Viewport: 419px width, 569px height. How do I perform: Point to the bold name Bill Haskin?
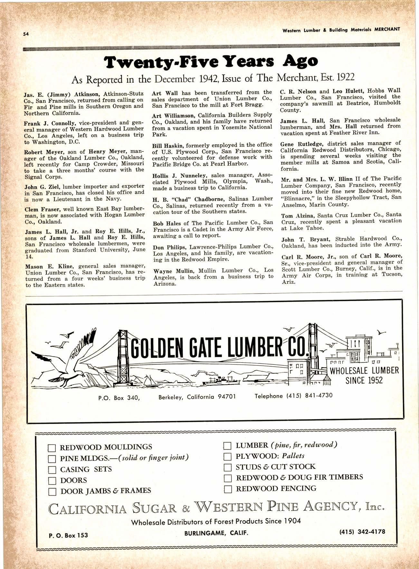(x=167, y=145)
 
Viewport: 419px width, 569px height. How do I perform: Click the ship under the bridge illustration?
(x=219, y=381)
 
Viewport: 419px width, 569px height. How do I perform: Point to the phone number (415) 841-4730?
(x=294, y=396)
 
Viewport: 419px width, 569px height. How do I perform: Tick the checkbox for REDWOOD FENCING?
(x=228, y=489)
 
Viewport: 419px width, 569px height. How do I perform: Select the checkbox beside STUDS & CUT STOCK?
(x=228, y=467)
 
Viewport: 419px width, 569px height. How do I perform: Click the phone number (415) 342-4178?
(x=362, y=532)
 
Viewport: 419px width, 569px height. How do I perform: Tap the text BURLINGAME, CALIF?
(x=216, y=533)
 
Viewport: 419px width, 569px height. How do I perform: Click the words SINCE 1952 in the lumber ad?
(x=364, y=381)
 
